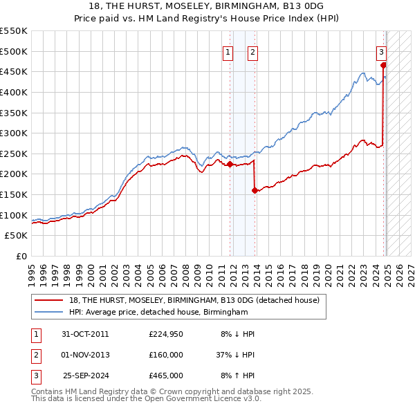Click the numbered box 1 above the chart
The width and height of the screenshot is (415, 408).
(228, 50)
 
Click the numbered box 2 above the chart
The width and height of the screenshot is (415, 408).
(253, 50)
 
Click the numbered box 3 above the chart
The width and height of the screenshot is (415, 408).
(381, 50)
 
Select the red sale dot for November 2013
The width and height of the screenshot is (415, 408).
(255, 190)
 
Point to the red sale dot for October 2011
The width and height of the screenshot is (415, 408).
(230, 164)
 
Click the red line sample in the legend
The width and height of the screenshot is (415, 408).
(48, 301)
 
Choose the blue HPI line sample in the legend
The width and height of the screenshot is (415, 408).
(48, 313)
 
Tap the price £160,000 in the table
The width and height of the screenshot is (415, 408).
(166, 355)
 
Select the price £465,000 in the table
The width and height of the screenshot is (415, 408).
(166, 375)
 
